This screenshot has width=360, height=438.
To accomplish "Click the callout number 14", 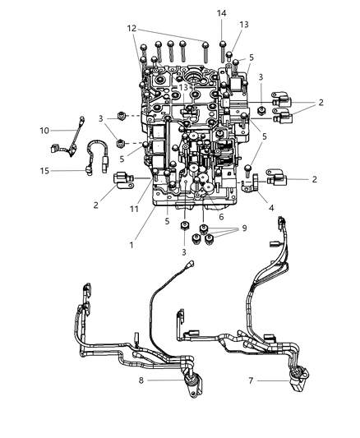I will point(222,13).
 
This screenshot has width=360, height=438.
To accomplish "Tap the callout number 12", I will point(132,29).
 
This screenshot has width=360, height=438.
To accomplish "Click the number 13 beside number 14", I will point(242,25).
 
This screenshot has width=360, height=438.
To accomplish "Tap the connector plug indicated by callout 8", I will point(193,381).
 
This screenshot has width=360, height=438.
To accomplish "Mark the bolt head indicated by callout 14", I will point(222,44).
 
